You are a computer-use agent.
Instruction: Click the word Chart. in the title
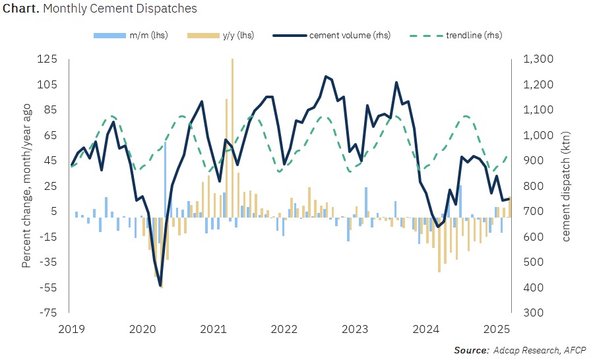coord(21,9)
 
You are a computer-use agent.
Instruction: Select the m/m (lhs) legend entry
coord(131,36)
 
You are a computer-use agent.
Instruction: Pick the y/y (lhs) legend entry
coord(220,36)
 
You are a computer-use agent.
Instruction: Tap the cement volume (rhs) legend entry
coord(332,36)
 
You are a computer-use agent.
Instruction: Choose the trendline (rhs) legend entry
coord(456,36)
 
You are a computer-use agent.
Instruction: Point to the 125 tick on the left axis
coord(47,59)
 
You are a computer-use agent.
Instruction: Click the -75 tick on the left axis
coord(48,313)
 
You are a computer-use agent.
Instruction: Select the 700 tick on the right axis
coord(534,211)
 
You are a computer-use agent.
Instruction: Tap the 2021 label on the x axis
coord(213,329)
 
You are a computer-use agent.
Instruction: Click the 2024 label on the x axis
coord(426,329)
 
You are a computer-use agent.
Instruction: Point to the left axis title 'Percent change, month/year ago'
coord(26,186)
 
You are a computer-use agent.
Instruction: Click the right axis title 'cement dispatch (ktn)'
coord(566,187)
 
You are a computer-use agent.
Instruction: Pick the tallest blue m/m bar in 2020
coord(165,179)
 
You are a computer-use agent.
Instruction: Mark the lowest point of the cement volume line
coord(160,286)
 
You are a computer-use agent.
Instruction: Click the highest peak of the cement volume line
coord(326,76)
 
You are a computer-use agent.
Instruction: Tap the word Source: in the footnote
coord(472,350)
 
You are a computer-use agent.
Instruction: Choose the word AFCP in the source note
coord(575,350)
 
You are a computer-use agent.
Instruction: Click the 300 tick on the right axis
coord(534,313)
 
